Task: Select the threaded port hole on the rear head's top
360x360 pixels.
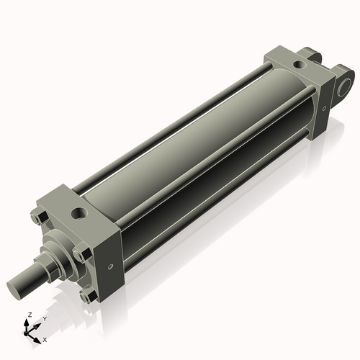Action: tap(297, 66)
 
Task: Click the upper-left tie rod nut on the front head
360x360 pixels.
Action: tap(37, 217)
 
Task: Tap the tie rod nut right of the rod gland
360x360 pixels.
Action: tap(80, 255)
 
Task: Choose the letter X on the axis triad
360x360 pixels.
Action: tap(45, 338)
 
